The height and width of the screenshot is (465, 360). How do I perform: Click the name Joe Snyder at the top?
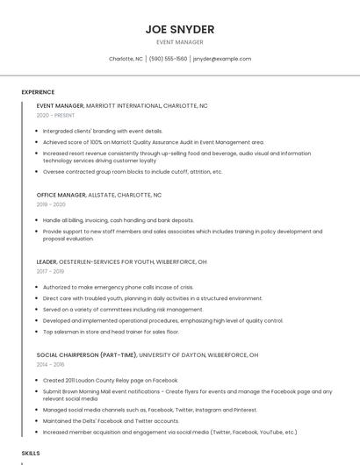tap(179, 29)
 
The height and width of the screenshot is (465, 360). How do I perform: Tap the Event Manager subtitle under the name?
tap(179, 42)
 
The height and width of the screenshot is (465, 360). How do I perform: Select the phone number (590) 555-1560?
tap(168, 59)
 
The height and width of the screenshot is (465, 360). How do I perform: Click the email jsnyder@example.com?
tap(222, 59)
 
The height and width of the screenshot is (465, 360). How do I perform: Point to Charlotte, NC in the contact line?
tap(126, 59)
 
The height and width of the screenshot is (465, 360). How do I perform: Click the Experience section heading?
tap(38, 92)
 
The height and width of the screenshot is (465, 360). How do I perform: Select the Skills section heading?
tap(31, 453)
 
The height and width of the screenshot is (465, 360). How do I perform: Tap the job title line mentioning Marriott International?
tap(122, 105)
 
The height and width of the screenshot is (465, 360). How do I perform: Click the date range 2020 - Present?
tap(55, 115)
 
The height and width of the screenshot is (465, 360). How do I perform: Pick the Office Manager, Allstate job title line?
tap(99, 195)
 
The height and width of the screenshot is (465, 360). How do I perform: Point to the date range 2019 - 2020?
tap(51, 204)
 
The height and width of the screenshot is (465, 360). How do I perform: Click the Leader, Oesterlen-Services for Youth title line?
tap(121, 261)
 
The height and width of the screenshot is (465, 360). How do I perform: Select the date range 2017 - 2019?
tap(51, 271)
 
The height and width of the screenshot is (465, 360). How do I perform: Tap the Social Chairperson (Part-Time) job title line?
tap(147, 355)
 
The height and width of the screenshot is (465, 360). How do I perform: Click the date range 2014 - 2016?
tap(51, 364)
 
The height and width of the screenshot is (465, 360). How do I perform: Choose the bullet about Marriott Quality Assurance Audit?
tap(153, 141)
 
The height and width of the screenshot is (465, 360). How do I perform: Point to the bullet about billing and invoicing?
tap(118, 220)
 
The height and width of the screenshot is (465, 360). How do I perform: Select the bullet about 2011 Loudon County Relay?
tap(110, 380)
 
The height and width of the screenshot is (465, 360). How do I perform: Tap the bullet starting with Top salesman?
tap(111, 332)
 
